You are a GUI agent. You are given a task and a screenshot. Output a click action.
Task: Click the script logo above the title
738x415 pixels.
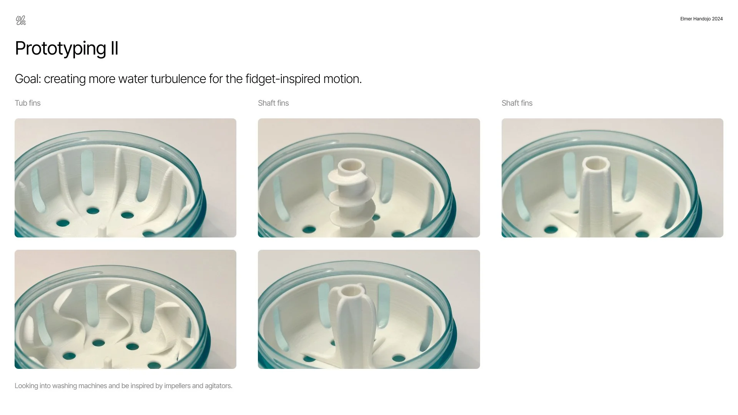(21, 20)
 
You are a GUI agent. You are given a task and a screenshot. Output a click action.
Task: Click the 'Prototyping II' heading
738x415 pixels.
(66, 48)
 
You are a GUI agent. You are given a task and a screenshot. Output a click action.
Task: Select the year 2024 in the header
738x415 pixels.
(717, 19)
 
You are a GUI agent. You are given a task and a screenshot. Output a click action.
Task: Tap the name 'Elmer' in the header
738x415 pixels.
(686, 19)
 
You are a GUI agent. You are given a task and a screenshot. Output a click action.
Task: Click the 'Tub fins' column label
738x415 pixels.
(28, 103)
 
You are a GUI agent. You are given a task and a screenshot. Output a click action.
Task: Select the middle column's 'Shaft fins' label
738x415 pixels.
(273, 103)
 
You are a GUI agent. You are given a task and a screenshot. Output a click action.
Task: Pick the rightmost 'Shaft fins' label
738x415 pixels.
(517, 103)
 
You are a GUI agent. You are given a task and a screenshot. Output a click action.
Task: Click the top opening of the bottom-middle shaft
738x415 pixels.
(351, 291)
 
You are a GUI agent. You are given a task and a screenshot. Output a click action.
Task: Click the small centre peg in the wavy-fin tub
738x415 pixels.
(108, 364)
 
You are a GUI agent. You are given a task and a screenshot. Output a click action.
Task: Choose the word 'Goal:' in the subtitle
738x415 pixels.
(28, 79)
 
